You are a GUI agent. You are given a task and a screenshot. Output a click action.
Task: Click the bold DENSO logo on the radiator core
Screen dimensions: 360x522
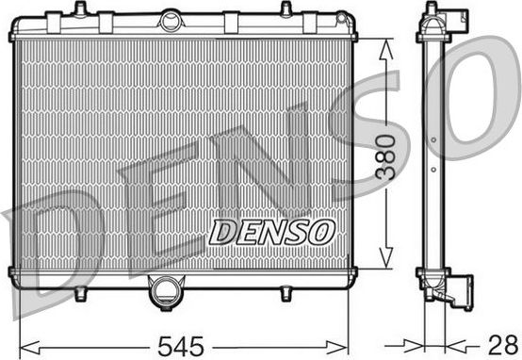(x=270, y=231)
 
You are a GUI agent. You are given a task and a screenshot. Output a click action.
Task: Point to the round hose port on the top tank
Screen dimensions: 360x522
(x=171, y=20)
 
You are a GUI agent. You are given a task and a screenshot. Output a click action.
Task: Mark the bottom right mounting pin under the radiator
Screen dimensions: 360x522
(x=285, y=294)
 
